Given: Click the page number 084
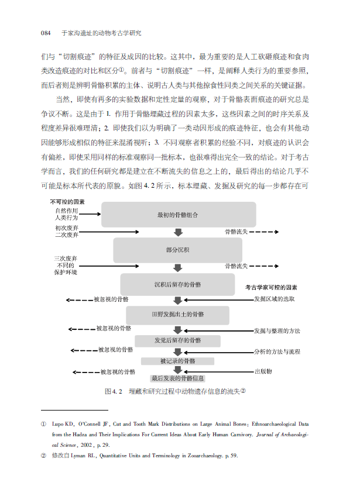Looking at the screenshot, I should coord(47,33).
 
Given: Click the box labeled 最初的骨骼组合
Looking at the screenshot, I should coord(178,215).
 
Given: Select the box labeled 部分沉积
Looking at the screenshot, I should coord(177,250).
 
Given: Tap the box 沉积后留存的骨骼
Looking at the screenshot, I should coord(177,284).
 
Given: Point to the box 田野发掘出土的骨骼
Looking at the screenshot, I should coord(177,315).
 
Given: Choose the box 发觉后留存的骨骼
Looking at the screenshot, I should coord(177,340).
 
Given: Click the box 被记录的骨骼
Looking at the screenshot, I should coord(177,361).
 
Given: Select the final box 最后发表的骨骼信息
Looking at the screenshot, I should coord(177,378).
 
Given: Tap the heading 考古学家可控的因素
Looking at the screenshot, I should coord(271,288).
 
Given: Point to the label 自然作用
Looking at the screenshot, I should coord(66,210).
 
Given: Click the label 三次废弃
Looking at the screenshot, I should coord(66,258).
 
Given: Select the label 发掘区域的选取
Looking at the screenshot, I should coord(274,299).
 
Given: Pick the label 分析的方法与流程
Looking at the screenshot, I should coord(276,351).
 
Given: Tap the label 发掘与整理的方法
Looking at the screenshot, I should coord(276,331).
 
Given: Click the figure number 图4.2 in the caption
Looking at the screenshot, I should coord(112,391).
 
